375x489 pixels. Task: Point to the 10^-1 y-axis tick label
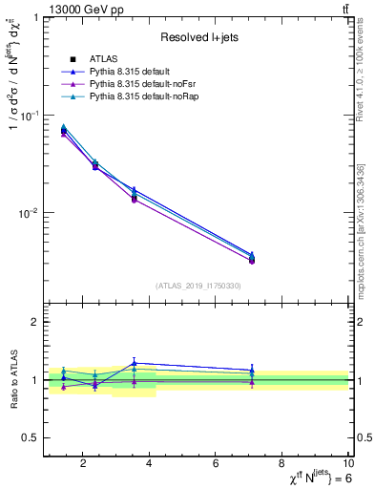click(x=28, y=115)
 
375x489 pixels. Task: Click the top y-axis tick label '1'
click(x=33, y=18)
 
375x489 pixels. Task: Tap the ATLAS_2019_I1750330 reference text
click(x=198, y=286)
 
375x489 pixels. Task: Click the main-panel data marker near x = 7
click(x=251, y=259)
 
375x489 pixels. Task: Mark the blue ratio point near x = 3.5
click(x=135, y=363)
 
